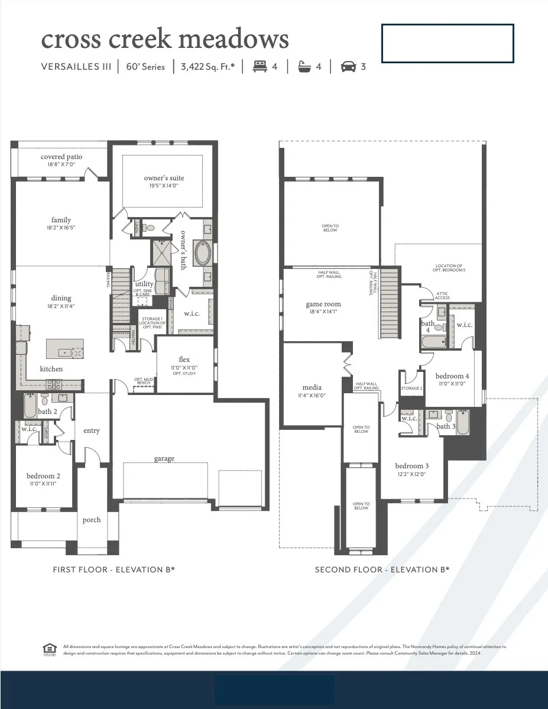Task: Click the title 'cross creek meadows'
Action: pos(165,39)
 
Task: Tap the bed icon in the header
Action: pos(260,67)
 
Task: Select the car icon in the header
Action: pos(349,67)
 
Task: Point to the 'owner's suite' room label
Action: pos(164,178)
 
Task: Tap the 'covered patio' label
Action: pos(61,157)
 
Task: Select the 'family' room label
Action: pos(61,220)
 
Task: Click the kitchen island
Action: pos(64,349)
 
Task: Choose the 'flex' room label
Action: pos(184,360)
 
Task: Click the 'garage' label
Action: pos(164,458)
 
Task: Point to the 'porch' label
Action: pos(92,520)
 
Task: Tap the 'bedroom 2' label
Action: pos(43,476)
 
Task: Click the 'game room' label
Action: pos(323,305)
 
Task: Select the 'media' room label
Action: pos(312,389)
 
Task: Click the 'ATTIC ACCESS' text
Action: pos(443,296)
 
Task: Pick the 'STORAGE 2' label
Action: pos(411,389)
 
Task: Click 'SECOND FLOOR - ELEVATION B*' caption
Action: pos(382,569)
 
